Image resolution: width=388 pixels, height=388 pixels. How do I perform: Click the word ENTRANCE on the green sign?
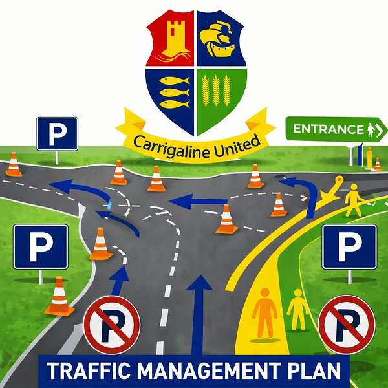tap(328, 129)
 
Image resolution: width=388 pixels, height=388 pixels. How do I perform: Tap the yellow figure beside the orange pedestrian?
tap(297, 309)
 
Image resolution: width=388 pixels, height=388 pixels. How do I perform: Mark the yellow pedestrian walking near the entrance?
tap(353, 199)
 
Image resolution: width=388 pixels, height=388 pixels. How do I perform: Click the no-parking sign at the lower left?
tap(112, 324)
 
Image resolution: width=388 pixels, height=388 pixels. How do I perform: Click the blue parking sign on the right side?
tap(349, 246)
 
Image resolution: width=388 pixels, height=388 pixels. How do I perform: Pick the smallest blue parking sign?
tap(57, 133)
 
